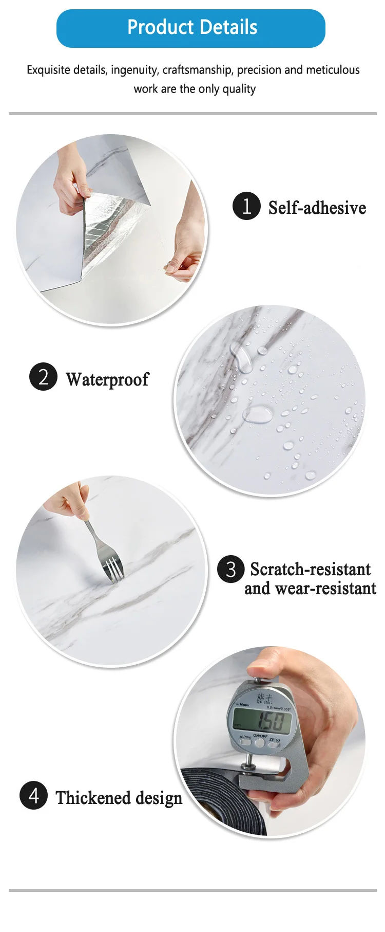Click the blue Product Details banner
click(191, 28)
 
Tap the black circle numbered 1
click(246, 206)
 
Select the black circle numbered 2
click(43, 377)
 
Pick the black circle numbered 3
click(230, 569)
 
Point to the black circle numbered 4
click(33, 795)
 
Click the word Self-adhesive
click(317, 208)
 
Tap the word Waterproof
click(107, 379)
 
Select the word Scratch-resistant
click(310, 569)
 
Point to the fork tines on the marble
click(115, 570)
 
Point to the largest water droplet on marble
click(257, 414)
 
